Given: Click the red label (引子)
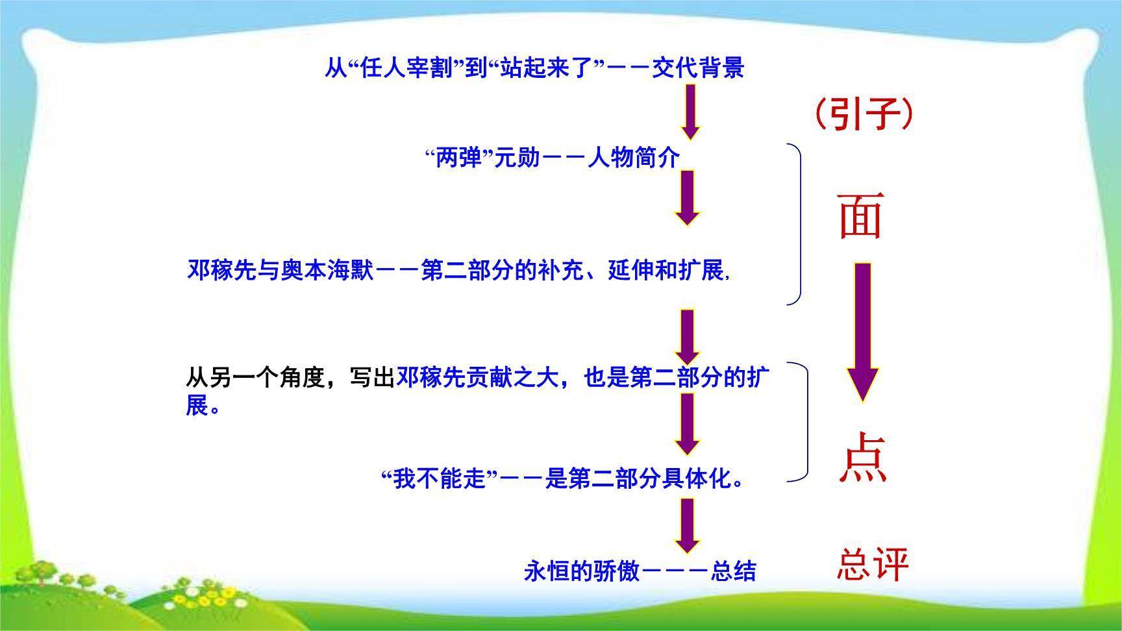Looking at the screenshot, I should (863, 115).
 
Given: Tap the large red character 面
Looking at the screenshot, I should (861, 216).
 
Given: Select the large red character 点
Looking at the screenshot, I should (862, 458).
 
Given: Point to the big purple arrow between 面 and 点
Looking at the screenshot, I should (862, 331).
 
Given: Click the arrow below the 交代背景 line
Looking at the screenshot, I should (690, 112).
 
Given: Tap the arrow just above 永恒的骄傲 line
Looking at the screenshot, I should (688, 525).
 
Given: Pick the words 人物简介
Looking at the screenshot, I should (633, 158).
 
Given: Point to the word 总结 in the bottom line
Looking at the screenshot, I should (734, 571).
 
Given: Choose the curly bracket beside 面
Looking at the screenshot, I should (795, 224).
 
